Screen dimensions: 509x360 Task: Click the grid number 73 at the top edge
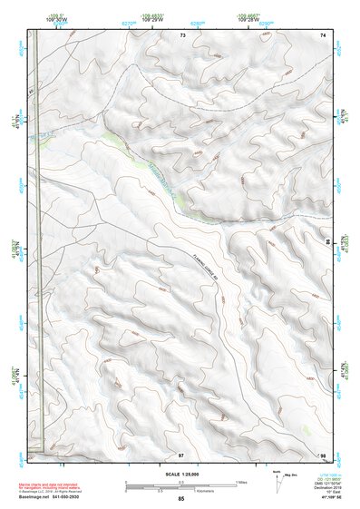(x=182, y=34)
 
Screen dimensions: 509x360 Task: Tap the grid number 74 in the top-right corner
(x=322, y=34)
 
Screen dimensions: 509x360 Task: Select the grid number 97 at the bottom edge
(x=181, y=454)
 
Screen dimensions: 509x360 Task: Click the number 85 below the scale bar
(x=181, y=499)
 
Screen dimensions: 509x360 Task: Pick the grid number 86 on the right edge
(x=328, y=242)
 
